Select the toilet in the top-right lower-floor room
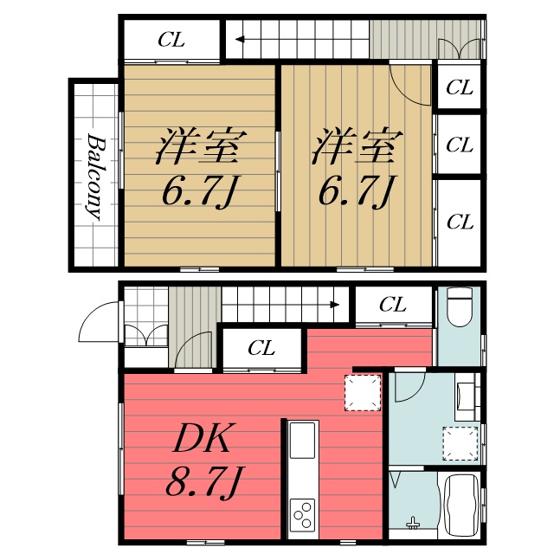(458, 307)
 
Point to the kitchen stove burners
(303, 515)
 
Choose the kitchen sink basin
(302, 441)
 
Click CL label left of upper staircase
(171, 39)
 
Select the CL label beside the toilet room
(392, 305)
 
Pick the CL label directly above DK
(261, 348)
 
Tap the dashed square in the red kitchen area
(363, 392)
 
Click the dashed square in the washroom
(460, 443)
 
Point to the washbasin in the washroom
(465, 397)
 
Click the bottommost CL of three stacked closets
(460, 222)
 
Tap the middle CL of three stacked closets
(460, 145)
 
